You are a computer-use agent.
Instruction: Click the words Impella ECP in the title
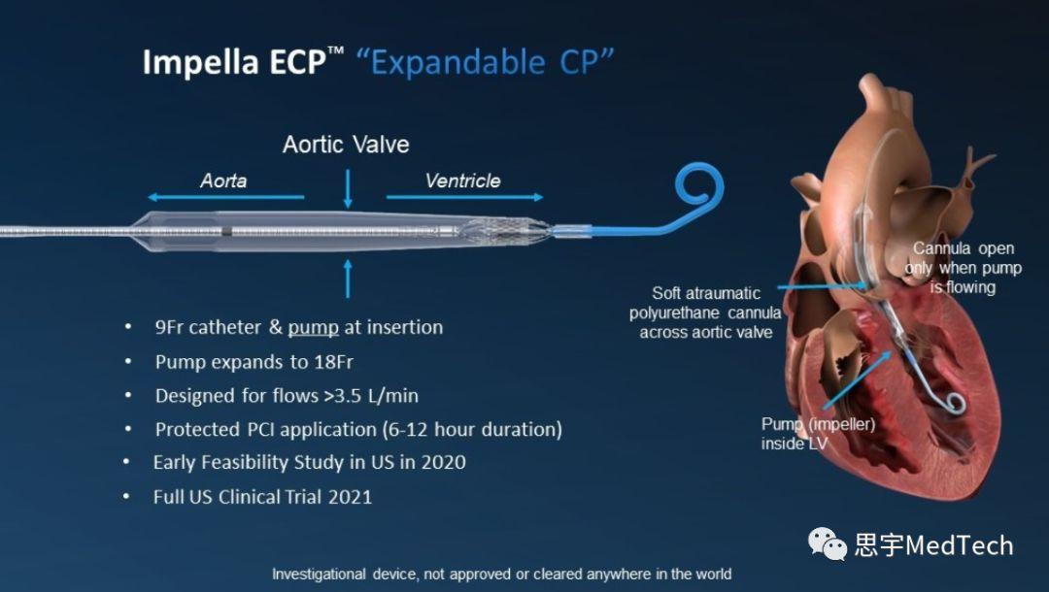(x=234, y=62)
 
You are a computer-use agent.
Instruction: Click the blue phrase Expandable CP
(x=485, y=62)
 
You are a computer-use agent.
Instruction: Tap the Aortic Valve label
(x=346, y=145)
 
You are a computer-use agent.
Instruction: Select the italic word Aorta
(x=223, y=181)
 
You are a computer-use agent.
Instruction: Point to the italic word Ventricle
(x=462, y=181)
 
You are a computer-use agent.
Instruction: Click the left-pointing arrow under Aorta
(x=226, y=197)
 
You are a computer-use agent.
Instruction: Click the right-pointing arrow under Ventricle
(x=465, y=197)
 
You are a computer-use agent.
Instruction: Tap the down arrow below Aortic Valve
(x=348, y=188)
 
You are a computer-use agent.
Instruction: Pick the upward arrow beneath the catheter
(x=348, y=279)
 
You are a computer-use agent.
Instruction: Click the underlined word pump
(x=313, y=327)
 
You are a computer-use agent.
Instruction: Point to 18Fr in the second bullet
(x=333, y=361)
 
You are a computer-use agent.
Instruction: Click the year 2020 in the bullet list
(x=443, y=462)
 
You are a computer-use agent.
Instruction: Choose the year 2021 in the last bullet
(x=350, y=497)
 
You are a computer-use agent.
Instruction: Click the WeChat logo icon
(x=827, y=543)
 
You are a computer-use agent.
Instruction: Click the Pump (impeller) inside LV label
(x=818, y=434)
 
